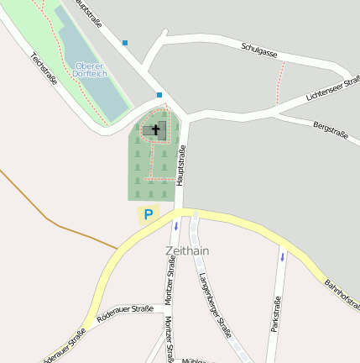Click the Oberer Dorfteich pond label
[x=91, y=70]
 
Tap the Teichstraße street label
[x=43, y=68]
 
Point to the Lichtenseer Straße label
[x=332, y=89]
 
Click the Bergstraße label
[x=329, y=129]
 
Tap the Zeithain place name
[x=187, y=250]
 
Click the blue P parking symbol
[x=149, y=214]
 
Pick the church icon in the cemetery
[x=154, y=129]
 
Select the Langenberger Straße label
[x=216, y=304]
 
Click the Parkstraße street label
[x=274, y=314]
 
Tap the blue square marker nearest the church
[x=159, y=95]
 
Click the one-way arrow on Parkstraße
[x=283, y=256]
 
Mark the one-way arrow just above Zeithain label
[x=176, y=226]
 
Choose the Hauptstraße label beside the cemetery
[x=180, y=165]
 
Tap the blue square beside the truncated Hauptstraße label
[x=125, y=42]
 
